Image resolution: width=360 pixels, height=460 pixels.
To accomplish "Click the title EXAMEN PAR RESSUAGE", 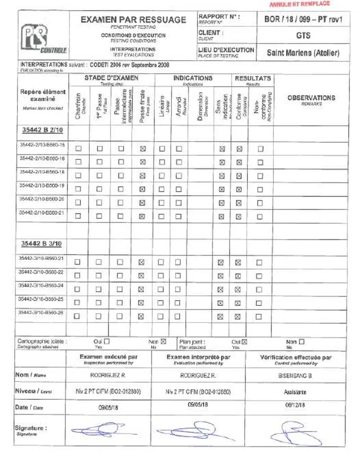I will click(133, 20).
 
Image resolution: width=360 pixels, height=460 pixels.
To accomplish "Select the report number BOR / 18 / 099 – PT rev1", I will click(303, 19).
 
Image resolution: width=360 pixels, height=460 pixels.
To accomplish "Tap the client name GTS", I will click(303, 35).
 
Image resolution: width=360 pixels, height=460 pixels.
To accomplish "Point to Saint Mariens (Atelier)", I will click(303, 53).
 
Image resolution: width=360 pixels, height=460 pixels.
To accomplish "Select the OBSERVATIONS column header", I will click(311, 98).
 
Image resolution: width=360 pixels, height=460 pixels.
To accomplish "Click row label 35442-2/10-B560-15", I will click(42, 145).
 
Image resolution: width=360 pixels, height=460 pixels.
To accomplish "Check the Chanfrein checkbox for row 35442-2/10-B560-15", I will click(79, 149).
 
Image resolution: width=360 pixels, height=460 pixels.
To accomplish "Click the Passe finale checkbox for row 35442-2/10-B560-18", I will click(143, 176).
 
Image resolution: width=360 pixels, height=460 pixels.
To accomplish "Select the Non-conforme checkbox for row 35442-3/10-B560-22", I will click(259, 276).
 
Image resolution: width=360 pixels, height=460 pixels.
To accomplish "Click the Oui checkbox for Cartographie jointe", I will click(107, 342).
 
